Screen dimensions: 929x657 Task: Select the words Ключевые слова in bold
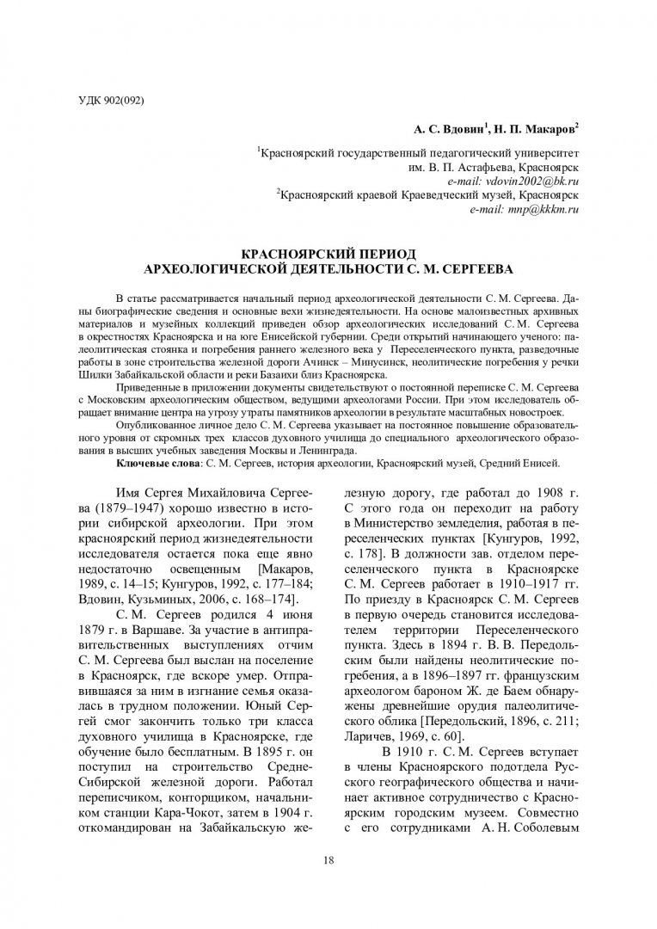pyautogui.click(x=159, y=463)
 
